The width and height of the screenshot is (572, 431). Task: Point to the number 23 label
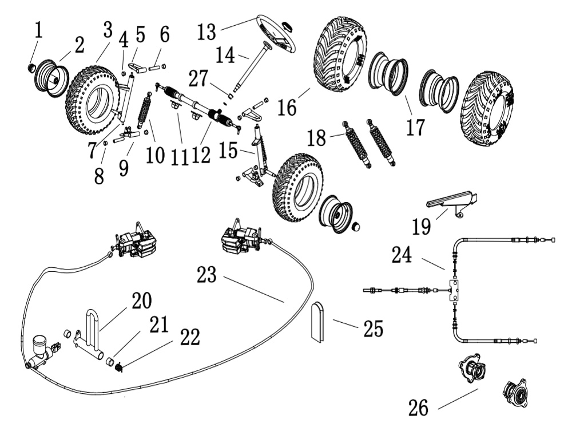point(207,275)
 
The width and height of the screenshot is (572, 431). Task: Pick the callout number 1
point(38,30)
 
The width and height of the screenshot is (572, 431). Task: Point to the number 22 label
point(189,337)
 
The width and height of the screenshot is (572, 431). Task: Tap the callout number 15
point(230,151)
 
